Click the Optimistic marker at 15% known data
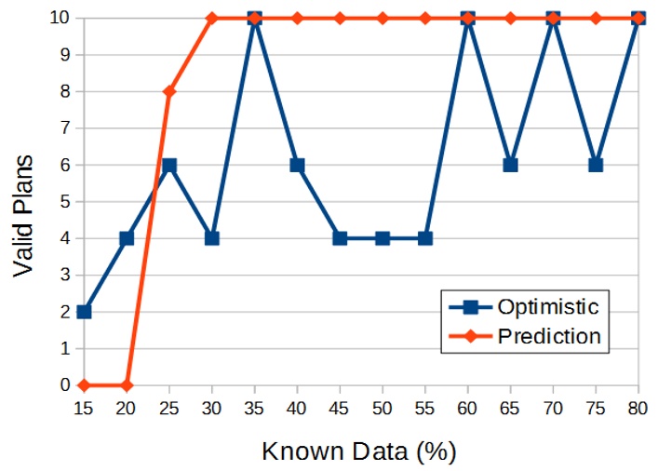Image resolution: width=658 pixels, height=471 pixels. click(84, 311)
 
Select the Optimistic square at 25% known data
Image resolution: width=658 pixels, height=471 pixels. click(169, 165)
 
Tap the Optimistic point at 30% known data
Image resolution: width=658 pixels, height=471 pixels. click(212, 237)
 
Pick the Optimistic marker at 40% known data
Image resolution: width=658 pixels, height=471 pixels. click(297, 165)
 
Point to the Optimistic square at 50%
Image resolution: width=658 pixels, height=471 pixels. click(383, 237)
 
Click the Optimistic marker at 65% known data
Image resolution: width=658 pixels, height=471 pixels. click(510, 165)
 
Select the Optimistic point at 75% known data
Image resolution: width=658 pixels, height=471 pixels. click(596, 165)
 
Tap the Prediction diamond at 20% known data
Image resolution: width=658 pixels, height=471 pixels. click(127, 384)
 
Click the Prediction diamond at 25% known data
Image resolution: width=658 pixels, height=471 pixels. click(169, 91)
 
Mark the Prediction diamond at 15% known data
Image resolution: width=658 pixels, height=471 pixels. click(84, 384)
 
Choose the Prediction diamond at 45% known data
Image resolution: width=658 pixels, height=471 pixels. click(340, 18)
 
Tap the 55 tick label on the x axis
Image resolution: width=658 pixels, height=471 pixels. click(425, 408)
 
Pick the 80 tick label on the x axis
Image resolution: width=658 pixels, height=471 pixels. click(638, 408)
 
